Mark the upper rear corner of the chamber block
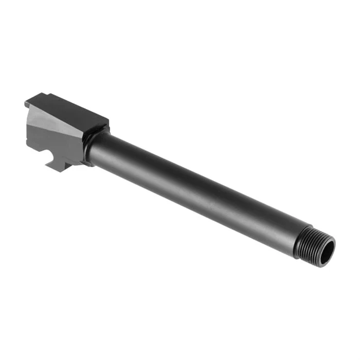point(27,103)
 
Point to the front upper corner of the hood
point(107,122)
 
